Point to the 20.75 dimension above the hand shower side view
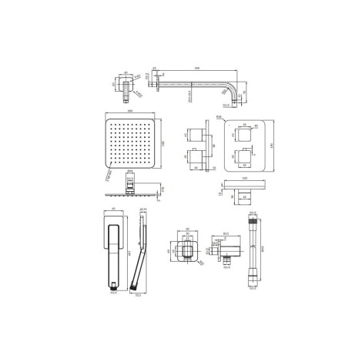142,208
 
